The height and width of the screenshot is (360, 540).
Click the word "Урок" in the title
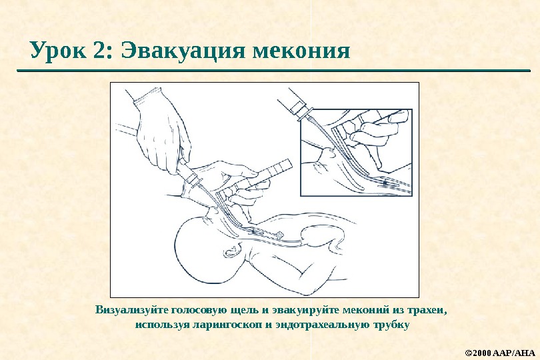58,50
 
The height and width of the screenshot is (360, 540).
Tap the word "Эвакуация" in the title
183,50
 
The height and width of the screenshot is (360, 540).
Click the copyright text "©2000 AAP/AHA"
500,353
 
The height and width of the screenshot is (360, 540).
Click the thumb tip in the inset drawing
399,117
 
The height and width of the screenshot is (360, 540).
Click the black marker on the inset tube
385,183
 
